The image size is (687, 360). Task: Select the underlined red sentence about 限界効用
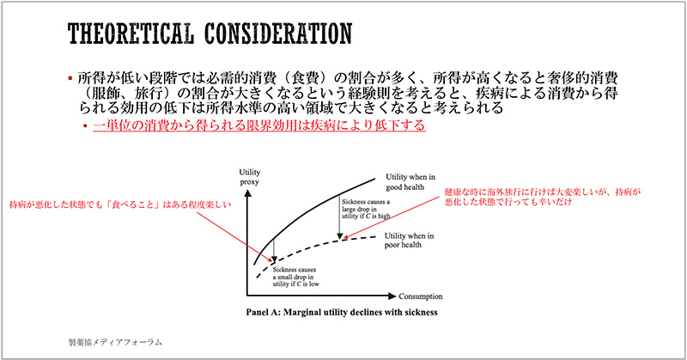point(258,126)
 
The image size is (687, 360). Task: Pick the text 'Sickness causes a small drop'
point(295,275)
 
